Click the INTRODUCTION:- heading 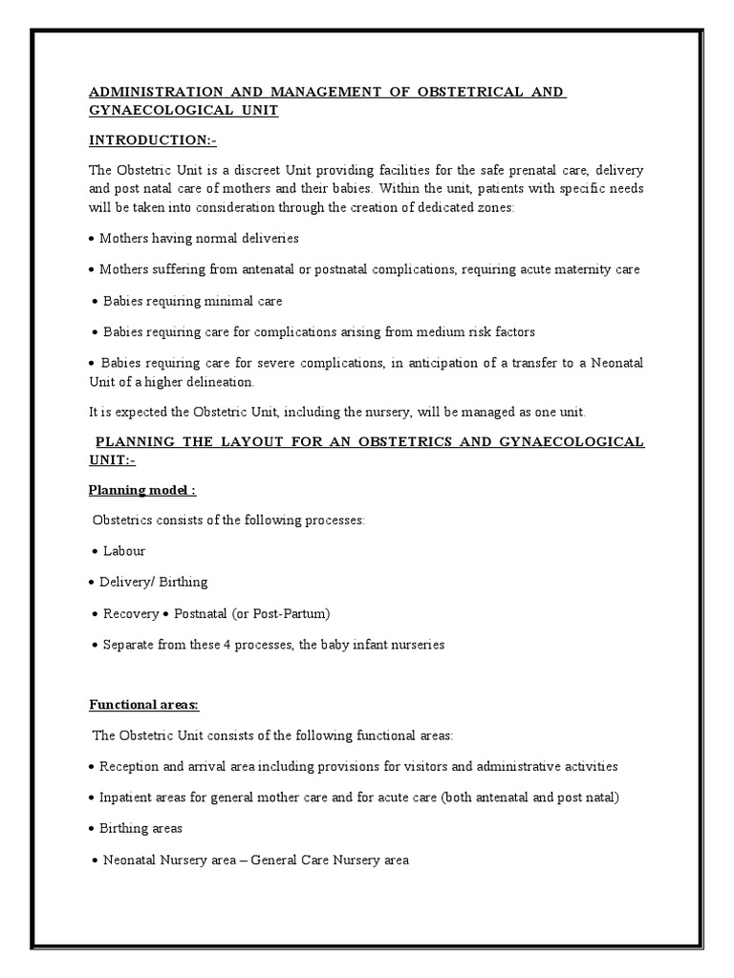pyautogui.click(x=153, y=140)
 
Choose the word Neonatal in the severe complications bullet pyautogui.click(x=616, y=364)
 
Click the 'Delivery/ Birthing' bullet pyautogui.click(x=153, y=582)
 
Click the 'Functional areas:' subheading pyautogui.click(x=144, y=705)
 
